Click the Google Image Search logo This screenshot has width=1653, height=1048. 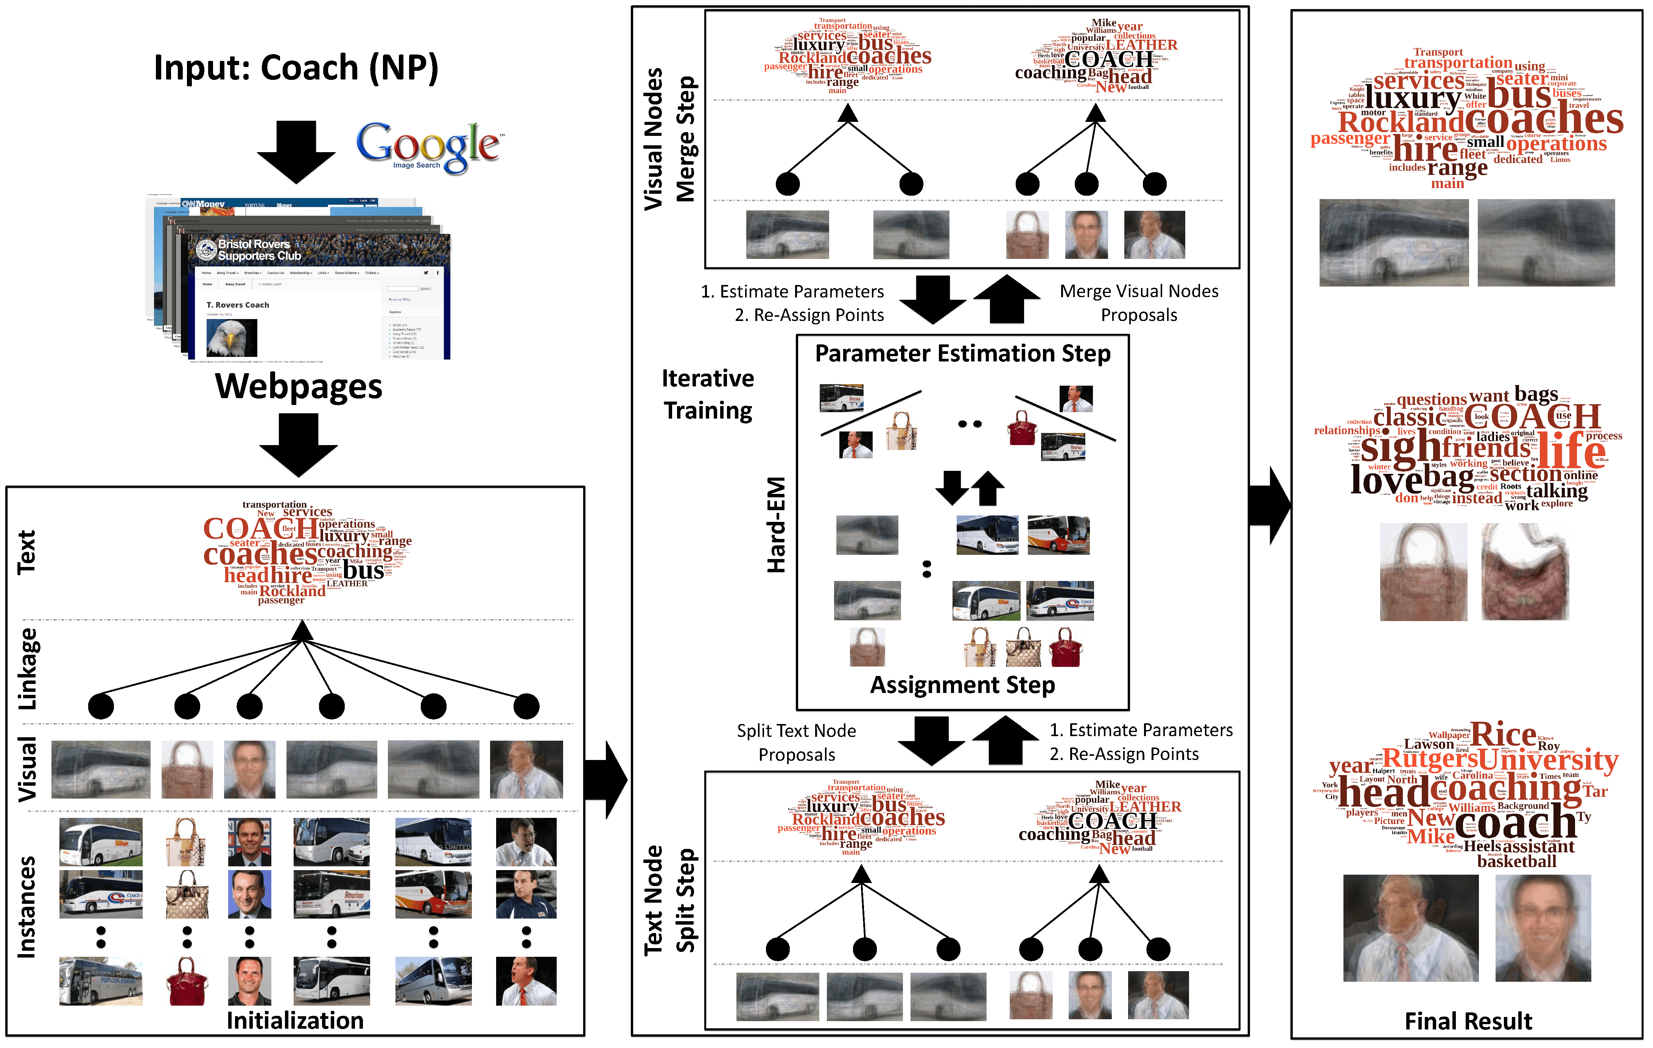click(x=429, y=146)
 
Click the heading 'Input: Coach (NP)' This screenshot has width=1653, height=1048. click(x=296, y=68)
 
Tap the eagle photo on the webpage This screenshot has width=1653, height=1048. click(x=232, y=337)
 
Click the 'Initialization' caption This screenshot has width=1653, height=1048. click(x=295, y=1020)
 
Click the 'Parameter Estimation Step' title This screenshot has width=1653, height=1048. click(x=962, y=353)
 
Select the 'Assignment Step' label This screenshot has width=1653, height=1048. click(x=962, y=685)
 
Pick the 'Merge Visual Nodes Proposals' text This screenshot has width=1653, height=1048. click(x=1139, y=303)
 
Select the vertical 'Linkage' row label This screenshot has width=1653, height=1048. click(x=28, y=670)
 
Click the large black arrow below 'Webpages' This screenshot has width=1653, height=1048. click(x=299, y=445)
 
